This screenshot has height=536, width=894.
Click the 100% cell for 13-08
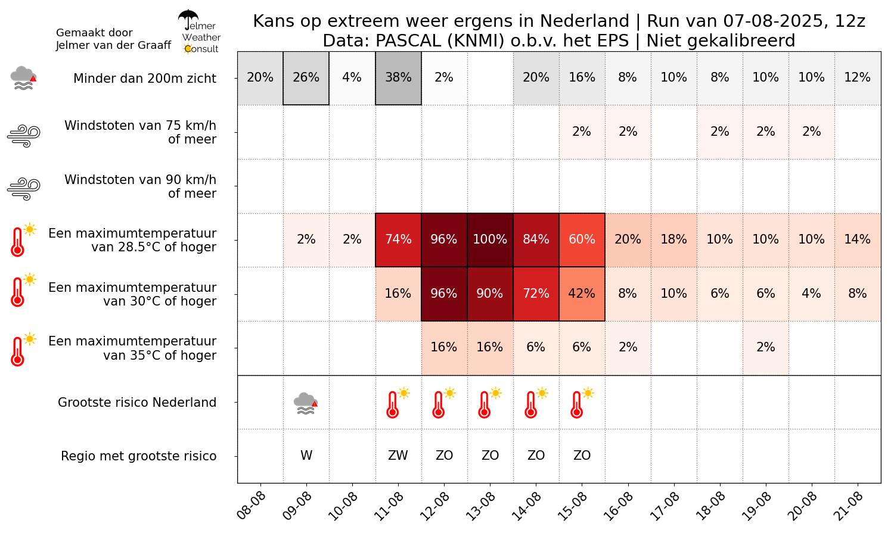point(490,239)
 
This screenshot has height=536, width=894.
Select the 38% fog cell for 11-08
point(398,78)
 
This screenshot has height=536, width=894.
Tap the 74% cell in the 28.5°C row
point(398,239)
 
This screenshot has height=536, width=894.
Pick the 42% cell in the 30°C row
point(582,294)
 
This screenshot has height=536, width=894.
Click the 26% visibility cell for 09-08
point(306,78)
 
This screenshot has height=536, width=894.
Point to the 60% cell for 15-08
point(582,239)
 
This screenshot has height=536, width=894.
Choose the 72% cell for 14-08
point(536,294)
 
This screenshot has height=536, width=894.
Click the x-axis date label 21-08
point(850,506)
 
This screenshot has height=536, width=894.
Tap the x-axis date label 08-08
point(252,506)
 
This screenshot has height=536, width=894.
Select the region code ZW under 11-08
point(398,456)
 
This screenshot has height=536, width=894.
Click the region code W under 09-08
point(306,456)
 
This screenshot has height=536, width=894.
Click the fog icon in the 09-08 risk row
point(306,403)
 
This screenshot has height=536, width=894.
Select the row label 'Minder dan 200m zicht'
point(145,79)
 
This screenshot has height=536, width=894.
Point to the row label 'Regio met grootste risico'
point(139,456)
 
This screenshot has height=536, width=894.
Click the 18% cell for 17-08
point(673,239)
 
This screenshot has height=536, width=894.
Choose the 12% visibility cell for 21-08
point(857,78)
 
